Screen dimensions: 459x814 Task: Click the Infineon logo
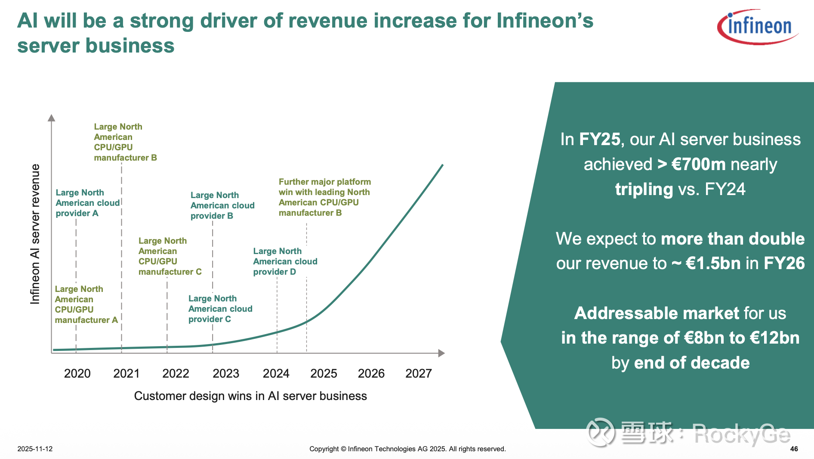758,27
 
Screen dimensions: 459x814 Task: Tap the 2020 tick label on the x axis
77,373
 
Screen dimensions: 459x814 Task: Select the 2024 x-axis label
276,373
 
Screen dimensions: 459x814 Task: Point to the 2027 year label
419,373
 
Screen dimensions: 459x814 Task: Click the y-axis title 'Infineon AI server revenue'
35,234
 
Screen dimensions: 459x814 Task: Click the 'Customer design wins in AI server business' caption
250,396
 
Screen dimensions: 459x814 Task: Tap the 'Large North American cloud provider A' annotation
87,203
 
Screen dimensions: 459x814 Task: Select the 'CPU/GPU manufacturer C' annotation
170,256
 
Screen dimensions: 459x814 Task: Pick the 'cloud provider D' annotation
285,261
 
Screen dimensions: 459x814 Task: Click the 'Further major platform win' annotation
324,197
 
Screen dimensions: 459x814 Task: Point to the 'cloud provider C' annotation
220,309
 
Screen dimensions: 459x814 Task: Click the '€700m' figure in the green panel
698,164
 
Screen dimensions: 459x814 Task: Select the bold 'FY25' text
600,140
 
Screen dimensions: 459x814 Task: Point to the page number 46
794,449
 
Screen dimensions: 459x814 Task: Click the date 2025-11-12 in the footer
35,449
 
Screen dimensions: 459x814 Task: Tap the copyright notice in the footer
407,449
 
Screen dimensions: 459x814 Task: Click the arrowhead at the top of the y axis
52,118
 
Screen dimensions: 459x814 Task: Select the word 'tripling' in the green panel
644,189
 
